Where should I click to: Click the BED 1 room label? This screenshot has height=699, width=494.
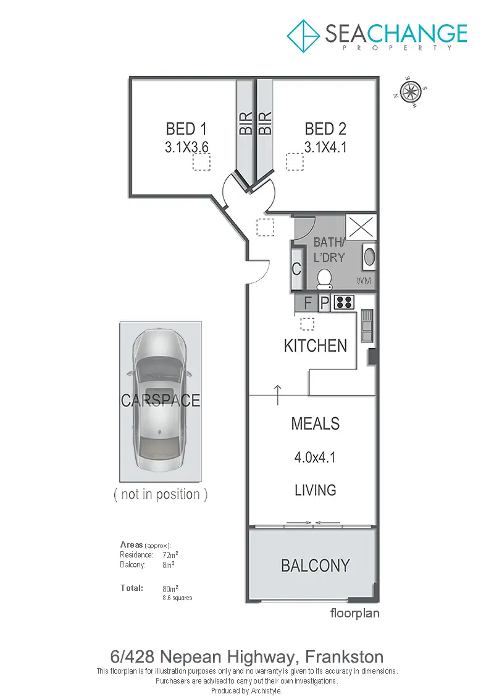pyautogui.click(x=186, y=129)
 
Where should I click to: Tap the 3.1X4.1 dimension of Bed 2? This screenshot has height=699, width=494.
pyautogui.click(x=325, y=146)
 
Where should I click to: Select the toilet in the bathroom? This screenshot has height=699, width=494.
pyautogui.click(x=324, y=279)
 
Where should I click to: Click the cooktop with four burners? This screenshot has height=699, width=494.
pyautogui.click(x=344, y=302)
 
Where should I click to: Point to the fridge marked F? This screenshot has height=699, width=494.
pyautogui.click(x=306, y=303)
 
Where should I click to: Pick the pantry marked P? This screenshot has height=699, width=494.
pyautogui.click(x=324, y=303)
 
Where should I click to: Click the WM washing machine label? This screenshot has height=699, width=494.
pyautogui.click(x=364, y=281)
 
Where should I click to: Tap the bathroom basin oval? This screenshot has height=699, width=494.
pyautogui.click(x=369, y=256)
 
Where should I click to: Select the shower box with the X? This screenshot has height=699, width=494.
pyautogui.click(x=361, y=227)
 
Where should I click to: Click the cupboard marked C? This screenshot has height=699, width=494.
pyautogui.click(x=296, y=269)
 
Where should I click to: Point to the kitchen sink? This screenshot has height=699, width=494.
pyautogui.click(x=367, y=326)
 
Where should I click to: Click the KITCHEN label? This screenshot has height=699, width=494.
pyautogui.click(x=316, y=346)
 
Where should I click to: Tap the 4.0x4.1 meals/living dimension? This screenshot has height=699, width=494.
pyautogui.click(x=315, y=457)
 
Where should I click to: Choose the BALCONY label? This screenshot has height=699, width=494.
pyautogui.click(x=316, y=566)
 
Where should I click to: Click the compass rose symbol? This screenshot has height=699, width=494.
pyautogui.click(x=409, y=92)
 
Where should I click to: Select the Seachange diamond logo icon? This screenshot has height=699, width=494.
pyautogui.click(x=303, y=36)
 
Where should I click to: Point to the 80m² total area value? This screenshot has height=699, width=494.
pyautogui.click(x=170, y=588)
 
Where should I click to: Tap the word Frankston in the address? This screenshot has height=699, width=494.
pyautogui.click(x=345, y=656)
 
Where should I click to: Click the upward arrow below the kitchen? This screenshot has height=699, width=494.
pyautogui.click(x=277, y=395)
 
